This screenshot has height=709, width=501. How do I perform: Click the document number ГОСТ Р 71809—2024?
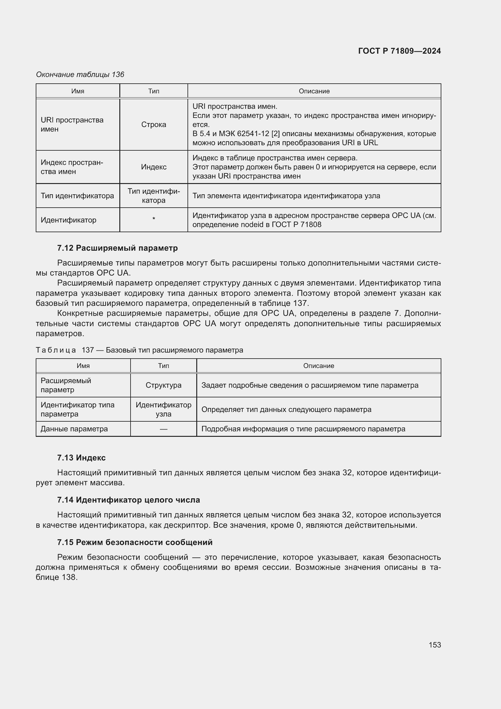pyautogui.click(x=399, y=51)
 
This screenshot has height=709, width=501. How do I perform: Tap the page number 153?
pyautogui.click(x=434, y=645)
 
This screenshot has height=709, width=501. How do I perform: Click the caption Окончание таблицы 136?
pyautogui.click(x=80, y=75)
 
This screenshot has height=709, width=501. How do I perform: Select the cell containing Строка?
pyautogui.click(x=154, y=125)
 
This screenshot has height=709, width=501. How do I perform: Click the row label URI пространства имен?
pyautogui.click(x=72, y=125)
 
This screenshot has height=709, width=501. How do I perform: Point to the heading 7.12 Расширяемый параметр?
pyautogui.click(x=117, y=248)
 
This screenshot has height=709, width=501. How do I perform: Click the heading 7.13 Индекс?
pyautogui.click(x=81, y=458)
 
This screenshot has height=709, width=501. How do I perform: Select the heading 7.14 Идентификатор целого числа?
pyautogui.click(x=128, y=500)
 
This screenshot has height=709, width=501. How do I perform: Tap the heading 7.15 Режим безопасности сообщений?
pyautogui.click(x=135, y=542)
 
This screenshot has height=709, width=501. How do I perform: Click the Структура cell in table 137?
pyautogui.click(x=163, y=385)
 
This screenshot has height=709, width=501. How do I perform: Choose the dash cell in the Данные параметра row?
pyautogui.click(x=163, y=429)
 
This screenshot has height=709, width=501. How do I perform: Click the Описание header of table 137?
pyautogui.click(x=318, y=366)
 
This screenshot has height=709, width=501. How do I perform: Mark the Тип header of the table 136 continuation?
pyautogui.click(x=154, y=91)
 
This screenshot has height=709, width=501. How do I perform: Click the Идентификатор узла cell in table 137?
pyautogui.click(x=163, y=409)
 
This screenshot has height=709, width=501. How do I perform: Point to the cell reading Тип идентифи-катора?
pyautogui.click(x=154, y=196)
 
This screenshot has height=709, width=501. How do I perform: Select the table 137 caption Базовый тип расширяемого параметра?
pyautogui.click(x=174, y=350)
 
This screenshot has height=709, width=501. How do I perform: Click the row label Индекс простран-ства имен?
pyautogui.click(x=72, y=167)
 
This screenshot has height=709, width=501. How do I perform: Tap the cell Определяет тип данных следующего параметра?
pyautogui.click(x=286, y=410)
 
